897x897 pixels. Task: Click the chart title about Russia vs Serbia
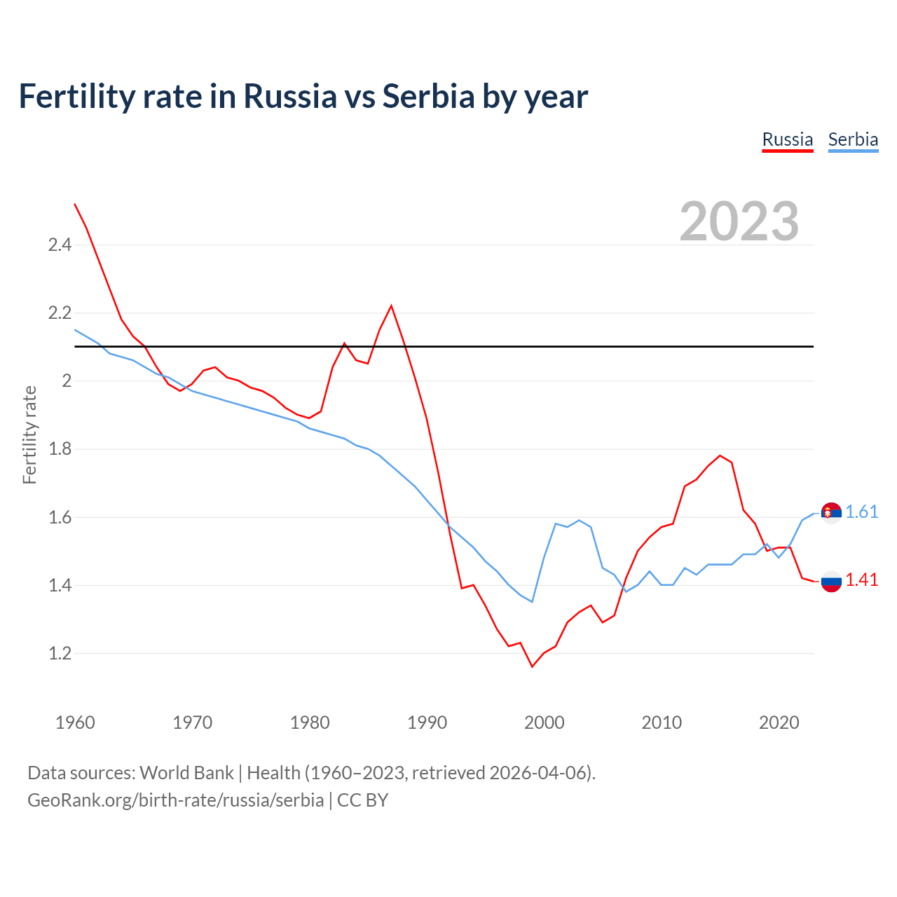point(303,96)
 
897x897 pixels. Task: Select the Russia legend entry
point(787,139)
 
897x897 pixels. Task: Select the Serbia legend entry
point(853,139)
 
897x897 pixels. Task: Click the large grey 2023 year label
point(739,221)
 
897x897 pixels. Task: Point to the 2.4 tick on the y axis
point(60,245)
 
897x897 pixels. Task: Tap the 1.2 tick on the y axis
point(60,654)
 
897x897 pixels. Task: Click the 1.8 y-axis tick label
point(60,449)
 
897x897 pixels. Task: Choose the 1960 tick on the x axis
point(75,723)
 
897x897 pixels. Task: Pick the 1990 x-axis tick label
point(427,723)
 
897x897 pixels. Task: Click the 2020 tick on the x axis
point(779,723)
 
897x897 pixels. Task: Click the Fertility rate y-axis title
point(29,434)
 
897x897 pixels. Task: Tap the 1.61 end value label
point(861,512)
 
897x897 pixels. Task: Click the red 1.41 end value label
point(861,580)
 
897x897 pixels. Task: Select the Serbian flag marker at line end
point(831,514)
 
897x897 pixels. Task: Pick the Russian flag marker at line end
point(831,581)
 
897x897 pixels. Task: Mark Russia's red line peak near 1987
point(391,306)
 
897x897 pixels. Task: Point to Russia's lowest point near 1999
point(532,666)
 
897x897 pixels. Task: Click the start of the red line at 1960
point(75,204)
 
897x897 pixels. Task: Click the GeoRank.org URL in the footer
point(175,800)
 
